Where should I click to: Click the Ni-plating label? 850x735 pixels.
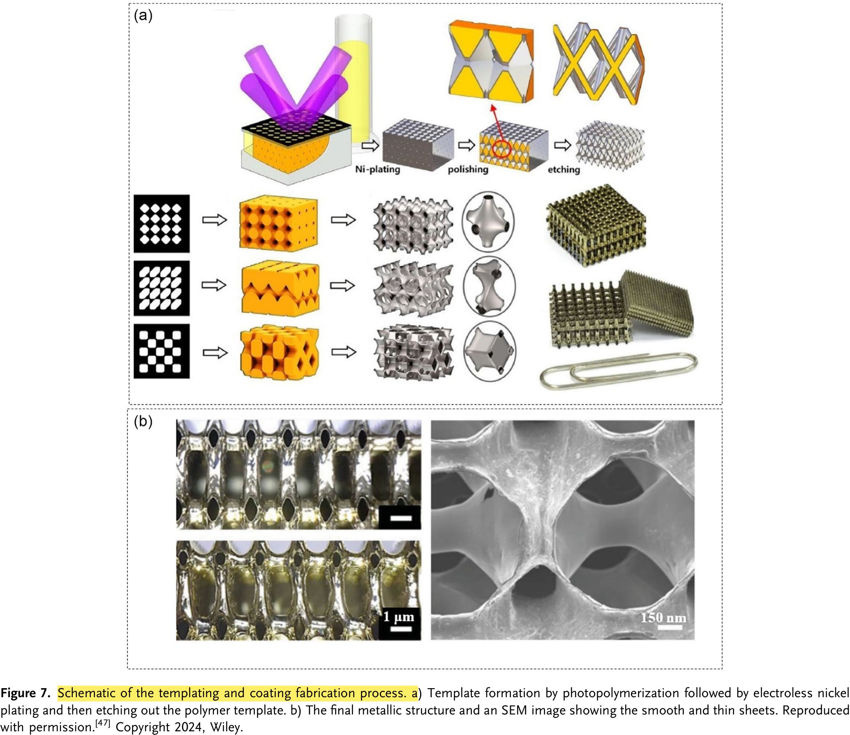point(378,169)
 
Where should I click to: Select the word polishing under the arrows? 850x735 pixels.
point(468,169)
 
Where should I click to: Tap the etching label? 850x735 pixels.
point(564,169)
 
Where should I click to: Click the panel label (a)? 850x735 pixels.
point(143,16)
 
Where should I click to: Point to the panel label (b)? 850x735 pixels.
point(143,422)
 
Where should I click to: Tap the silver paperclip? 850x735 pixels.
point(619,371)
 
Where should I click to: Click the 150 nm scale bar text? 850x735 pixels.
point(663,617)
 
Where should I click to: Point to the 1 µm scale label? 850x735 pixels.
point(399,617)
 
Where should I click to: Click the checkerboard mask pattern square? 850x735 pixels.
point(162,351)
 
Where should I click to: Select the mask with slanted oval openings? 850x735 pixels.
point(162,288)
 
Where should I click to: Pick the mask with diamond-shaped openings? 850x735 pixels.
point(162,223)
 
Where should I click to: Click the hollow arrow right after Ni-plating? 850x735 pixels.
point(370,145)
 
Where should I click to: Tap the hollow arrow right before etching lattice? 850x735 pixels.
point(562,145)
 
